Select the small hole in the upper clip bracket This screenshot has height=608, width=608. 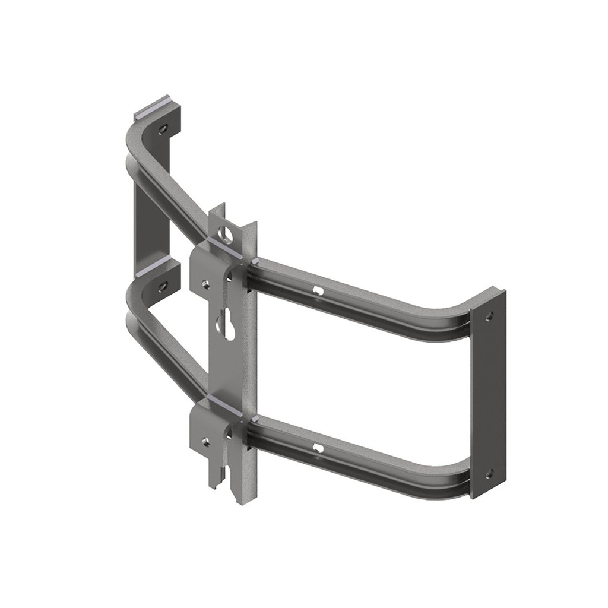pyautogui.click(x=205, y=284)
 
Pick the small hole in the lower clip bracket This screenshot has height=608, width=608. pyautogui.click(x=205, y=441)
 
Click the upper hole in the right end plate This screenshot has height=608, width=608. pyautogui.click(x=489, y=316)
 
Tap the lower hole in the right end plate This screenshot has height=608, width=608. pyautogui.click(x=489, y=473)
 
